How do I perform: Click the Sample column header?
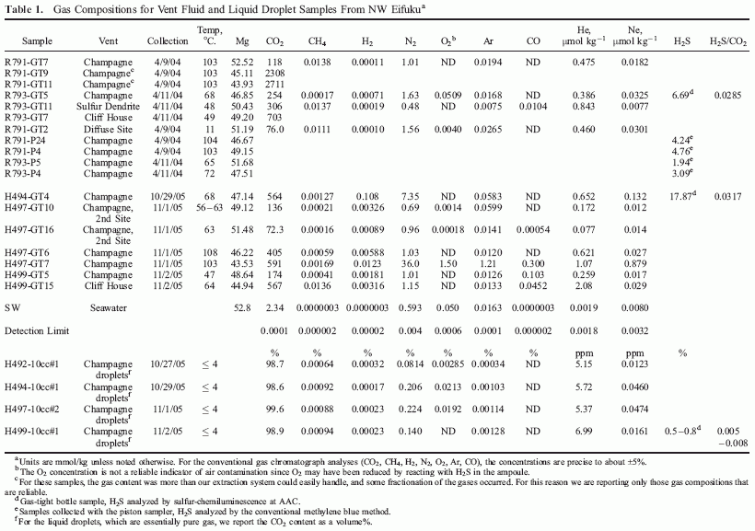37,41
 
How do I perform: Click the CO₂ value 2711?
275,85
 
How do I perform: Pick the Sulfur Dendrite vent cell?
108,107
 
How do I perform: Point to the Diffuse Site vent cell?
108,129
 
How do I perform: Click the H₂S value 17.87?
680,196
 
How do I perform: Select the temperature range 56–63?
209,207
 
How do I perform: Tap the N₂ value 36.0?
411,264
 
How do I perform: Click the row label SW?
13,307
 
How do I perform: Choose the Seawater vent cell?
108,307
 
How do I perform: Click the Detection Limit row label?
37,330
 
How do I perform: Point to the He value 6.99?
584,431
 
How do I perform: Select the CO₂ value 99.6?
275,409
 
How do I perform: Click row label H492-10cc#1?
31,364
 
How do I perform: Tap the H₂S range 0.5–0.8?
680,431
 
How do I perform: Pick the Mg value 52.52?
242,62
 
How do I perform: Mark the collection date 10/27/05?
168,364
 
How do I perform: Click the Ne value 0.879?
634,264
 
